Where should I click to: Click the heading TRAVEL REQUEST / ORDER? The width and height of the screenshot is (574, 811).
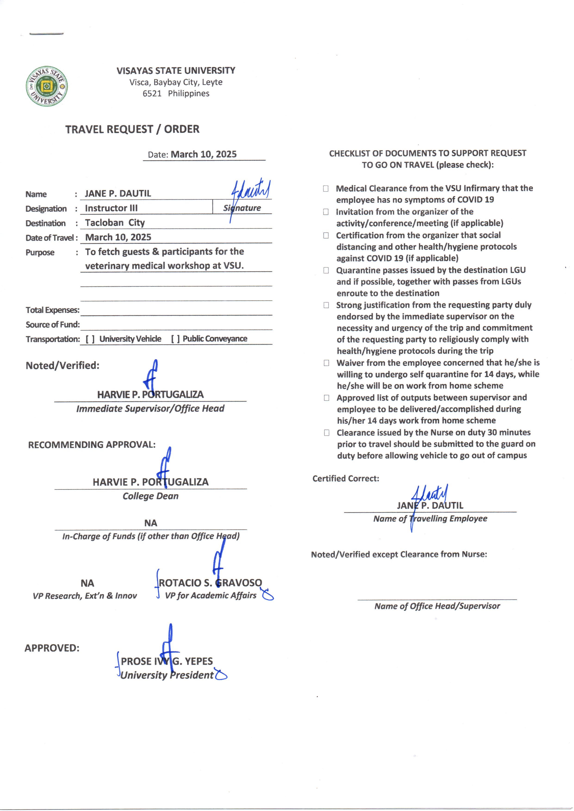click(132, 129)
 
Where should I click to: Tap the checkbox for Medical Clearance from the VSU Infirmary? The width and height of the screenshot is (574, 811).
click(326, 189)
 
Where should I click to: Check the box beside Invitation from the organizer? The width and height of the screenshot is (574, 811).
click(326, 212)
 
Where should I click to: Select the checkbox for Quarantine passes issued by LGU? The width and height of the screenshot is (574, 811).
click(326, 270)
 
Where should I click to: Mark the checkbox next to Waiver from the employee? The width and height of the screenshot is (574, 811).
click(326, 363)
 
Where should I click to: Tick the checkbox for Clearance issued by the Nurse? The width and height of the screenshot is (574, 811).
click(327, 433)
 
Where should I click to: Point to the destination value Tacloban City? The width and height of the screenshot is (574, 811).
click(115, 223)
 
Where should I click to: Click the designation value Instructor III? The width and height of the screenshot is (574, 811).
click(111, 208)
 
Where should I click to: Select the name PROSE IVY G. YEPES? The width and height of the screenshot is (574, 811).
click(167, 661)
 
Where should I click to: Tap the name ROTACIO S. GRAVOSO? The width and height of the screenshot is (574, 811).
click(210, 583)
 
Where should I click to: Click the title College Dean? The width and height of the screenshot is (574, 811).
click(151, 496)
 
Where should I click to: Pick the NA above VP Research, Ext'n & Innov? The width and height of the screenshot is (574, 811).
click(87, 583)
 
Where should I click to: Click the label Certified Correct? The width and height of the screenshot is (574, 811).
click(346, 478)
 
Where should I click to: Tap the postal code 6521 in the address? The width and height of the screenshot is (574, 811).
click(152, 94)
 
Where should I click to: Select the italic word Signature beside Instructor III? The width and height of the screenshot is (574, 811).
click(242, 208)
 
